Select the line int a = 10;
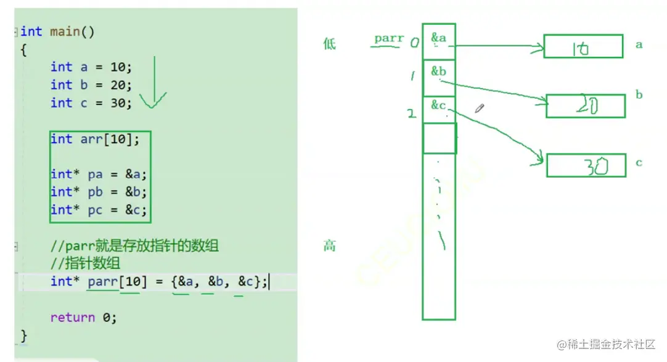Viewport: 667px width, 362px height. pos(91,67)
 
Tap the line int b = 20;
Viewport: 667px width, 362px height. pos(91,84)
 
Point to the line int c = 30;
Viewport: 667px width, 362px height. pos(91,103)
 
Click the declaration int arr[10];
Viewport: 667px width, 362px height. pos(95,139)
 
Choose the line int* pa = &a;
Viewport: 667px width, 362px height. pos(99,174)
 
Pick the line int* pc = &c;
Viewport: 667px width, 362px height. pos(99,210)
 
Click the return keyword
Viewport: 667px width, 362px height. pos(73,318)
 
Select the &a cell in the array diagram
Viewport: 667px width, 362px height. pos(439,41)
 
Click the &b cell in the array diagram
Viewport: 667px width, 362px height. pos(439,77)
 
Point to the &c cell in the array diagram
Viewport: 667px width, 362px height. pos(439,109)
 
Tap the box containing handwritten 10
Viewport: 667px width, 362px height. pos(583,46)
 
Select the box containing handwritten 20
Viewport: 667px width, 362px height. pos(585,106)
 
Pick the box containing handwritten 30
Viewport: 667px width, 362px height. pos(586,165)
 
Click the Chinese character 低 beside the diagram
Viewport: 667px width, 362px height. pos(329,44)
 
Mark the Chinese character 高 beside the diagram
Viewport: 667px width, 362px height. pos(329,246)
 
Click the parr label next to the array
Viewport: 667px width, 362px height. pos(388,39)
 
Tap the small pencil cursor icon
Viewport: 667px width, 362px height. pos(480,109)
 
